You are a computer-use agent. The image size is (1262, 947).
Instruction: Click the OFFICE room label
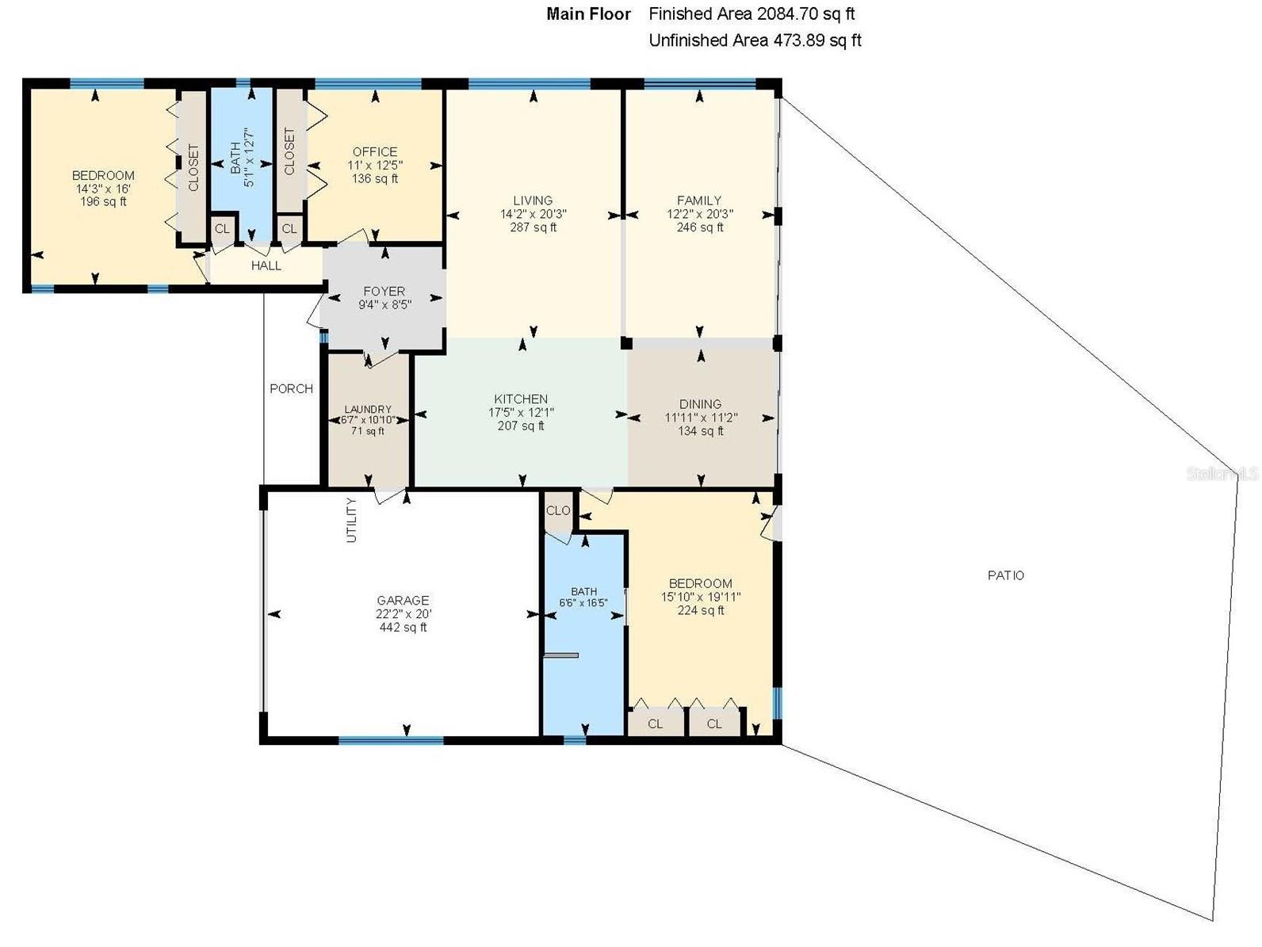375,151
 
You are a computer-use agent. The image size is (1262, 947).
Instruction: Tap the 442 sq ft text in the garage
403,628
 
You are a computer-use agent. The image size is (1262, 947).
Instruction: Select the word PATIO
1005,575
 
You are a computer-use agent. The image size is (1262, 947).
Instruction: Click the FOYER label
384,292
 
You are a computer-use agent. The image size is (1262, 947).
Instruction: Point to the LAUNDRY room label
368,410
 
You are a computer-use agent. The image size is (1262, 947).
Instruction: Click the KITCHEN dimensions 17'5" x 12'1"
521,412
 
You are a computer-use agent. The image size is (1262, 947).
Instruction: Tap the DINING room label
700,404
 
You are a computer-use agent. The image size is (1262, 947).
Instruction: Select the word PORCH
291,388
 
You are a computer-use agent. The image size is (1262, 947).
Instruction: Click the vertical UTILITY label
351,520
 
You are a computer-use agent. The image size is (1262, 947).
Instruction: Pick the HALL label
266,265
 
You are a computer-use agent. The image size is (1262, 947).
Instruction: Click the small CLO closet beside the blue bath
558,510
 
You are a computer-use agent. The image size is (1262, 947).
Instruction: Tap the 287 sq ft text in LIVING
533,227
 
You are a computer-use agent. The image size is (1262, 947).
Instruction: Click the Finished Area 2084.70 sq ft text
751,13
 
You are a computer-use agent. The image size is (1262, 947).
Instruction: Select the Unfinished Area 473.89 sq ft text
755,40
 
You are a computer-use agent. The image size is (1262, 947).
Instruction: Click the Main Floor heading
588,13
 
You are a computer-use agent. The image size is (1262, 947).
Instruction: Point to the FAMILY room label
699,200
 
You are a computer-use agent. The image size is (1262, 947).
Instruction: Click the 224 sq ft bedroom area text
701,610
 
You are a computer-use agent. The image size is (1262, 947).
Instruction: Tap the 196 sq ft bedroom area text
103,202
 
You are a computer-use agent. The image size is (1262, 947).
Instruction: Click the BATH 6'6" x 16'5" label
584,597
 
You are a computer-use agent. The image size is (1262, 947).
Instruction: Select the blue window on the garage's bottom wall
391,740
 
